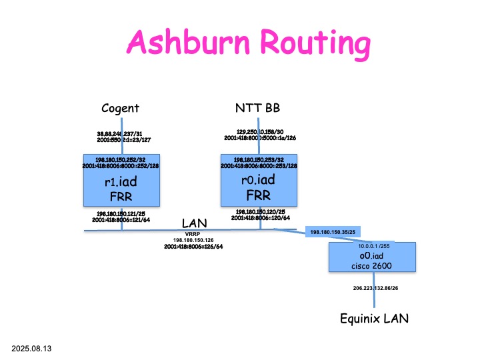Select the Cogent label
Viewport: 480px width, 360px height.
click(121, 108)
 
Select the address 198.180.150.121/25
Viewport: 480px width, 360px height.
click(121, 212)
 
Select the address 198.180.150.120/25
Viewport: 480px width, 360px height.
click(260, 212)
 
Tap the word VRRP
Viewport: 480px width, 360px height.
click(193, 233)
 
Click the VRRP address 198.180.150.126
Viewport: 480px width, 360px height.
click(193, 239)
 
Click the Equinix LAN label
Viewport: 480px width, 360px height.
click(373, 319)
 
